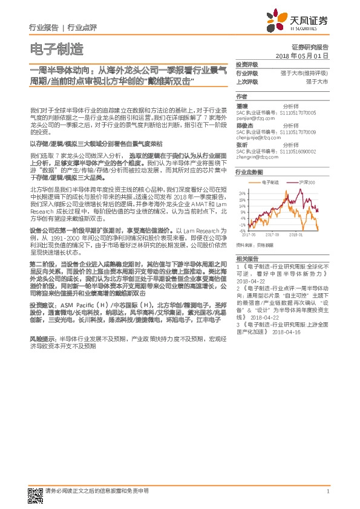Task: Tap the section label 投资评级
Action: [x=246, y=64]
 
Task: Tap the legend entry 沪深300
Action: [x=307, y=181]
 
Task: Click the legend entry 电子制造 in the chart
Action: [x=270, y=181]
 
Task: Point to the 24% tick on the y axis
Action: [x=242, y=194]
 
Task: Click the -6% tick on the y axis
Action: [x=242, y=230]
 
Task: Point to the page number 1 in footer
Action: [x=327, y=490]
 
